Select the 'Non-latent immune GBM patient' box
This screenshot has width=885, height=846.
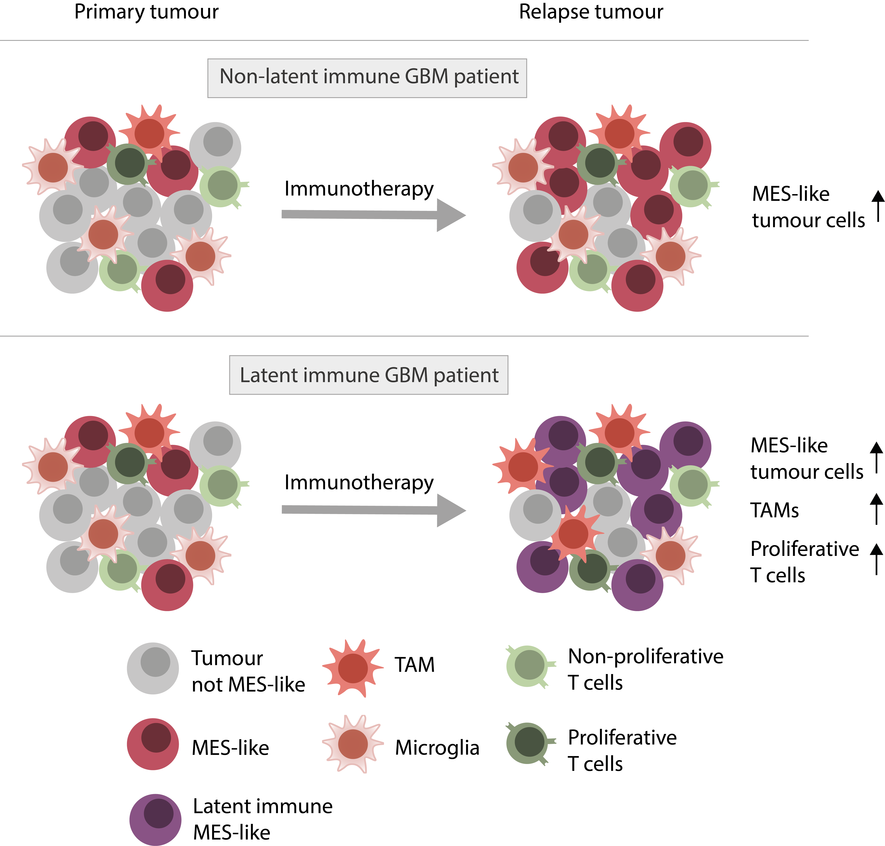[x=367, y=78]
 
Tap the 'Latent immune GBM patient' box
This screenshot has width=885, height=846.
[x=369, y=375]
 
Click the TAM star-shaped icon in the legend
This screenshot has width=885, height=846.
[x=352, y=668]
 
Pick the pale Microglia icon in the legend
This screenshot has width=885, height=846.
[x=352, y=744]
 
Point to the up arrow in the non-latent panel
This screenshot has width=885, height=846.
[x=878, y=206]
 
